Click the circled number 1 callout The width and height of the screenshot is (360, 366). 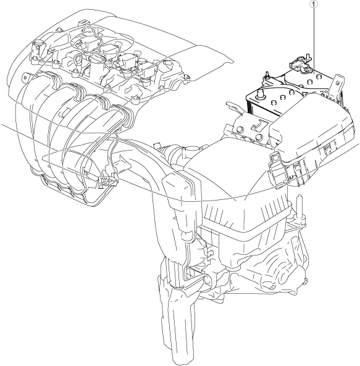tap(314, 4)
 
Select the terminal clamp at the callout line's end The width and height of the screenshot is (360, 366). tap(299, 62)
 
